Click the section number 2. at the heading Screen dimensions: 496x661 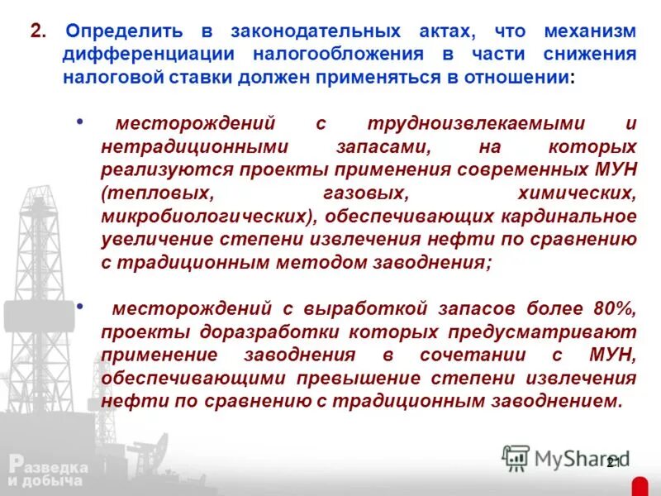(x=37, y=31)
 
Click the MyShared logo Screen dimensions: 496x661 (x=566, y=457)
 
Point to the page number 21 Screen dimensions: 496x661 (x=613, y=462)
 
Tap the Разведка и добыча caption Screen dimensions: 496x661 (x=47, y=473)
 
